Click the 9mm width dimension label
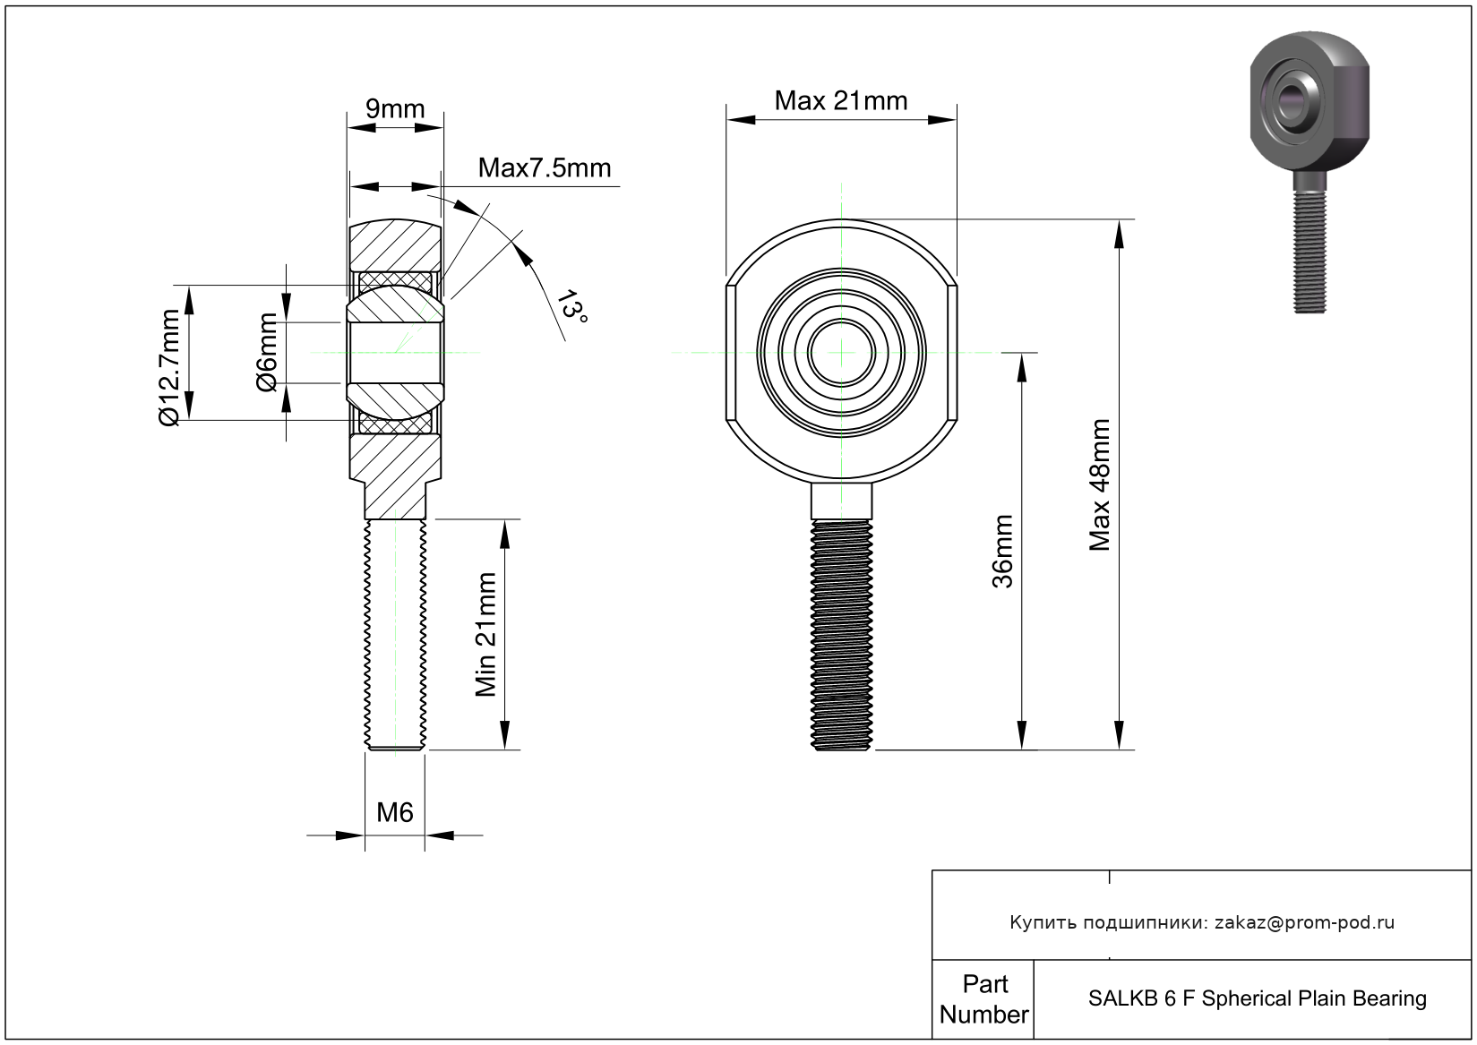395,109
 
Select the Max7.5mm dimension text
544,167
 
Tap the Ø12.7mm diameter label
170,367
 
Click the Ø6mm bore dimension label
267,352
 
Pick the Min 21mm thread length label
485,634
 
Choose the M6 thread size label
394,812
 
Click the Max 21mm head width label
840,100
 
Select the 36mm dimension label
1002,551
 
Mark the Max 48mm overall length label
1099,484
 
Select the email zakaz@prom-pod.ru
1304,922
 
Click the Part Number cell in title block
983,999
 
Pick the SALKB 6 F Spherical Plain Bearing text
1257,998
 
